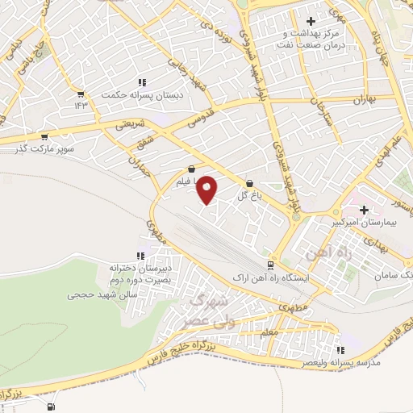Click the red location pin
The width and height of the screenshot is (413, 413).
[x=207, y=190]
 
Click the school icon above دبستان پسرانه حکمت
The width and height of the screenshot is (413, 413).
[x=143, y=82]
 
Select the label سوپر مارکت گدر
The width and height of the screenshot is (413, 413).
[x=48, y=148]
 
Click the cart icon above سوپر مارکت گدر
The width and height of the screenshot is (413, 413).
[x=44, y=137]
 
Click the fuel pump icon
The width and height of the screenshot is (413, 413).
[x=52, y=407]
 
